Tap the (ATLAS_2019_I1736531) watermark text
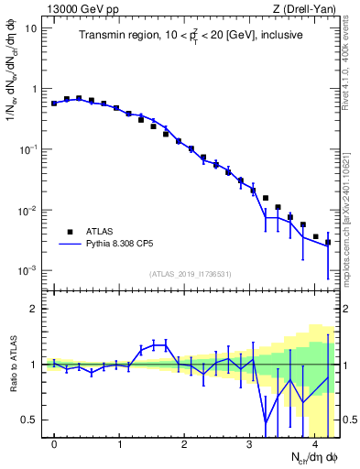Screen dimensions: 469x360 click(x=191, y=274)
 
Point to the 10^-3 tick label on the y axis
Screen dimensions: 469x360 click(x=28, y=271)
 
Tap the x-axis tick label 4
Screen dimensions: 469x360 click(x=315, y=444)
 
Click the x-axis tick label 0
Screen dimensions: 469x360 click(x=55, y=444)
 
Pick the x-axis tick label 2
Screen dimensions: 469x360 click(x=185, y=444)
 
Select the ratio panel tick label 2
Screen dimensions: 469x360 click(x=35, y=309)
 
